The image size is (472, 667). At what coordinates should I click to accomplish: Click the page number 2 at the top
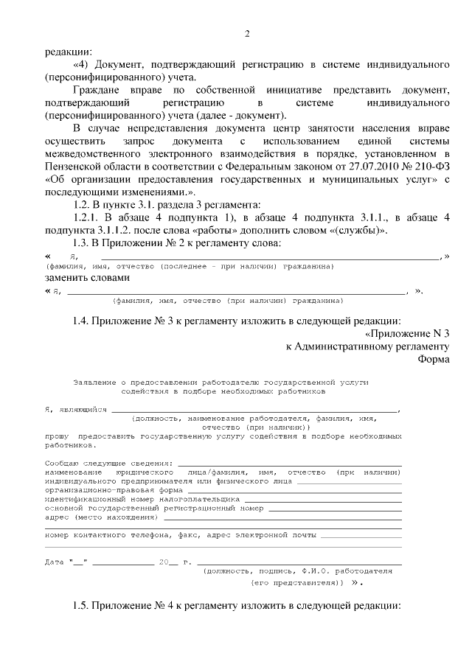pyautogui.click(x=248, y=34)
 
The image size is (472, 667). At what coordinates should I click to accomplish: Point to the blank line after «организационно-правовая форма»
pyautogui.click(x=295, y=490)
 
